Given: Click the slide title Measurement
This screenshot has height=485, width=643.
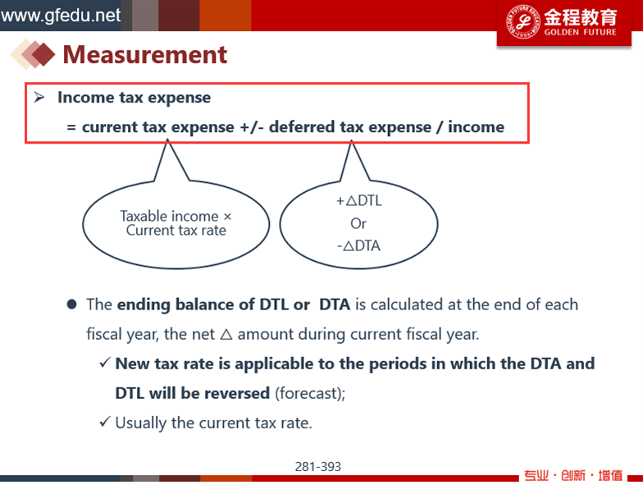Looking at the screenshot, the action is click(144, 54).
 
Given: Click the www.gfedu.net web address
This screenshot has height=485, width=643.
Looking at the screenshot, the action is click(61, 16).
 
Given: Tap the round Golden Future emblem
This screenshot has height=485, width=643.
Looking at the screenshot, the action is click(523, 21).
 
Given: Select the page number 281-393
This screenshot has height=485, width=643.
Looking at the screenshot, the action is click(318, 466).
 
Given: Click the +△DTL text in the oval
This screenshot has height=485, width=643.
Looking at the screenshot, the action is click(359, 200).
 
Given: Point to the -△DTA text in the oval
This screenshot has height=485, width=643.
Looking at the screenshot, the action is click(359, 246).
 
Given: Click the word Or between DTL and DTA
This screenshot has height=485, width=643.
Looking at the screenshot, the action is click(358, 223).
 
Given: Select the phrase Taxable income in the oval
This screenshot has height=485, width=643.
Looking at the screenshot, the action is click(169, 216).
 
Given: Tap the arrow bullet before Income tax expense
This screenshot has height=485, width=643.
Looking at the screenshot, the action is click(39, 97).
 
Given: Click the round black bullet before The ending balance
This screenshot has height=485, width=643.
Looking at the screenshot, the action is click(72, 304).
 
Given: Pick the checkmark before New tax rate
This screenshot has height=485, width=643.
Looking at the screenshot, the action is click(105, 363).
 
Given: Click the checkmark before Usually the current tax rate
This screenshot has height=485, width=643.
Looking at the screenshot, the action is click(105, 422).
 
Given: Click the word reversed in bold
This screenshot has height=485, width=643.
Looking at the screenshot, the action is click(237, 393).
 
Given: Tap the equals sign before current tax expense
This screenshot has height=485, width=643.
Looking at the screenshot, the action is click(71, 128).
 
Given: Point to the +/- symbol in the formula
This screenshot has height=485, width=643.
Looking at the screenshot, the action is click(251, 127).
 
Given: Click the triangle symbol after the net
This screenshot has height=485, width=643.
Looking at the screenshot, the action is click(226, 335).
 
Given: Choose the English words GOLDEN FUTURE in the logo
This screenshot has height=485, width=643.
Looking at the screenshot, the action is click(581, 32).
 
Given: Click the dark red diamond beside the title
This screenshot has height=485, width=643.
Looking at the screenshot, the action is click(43, 54).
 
